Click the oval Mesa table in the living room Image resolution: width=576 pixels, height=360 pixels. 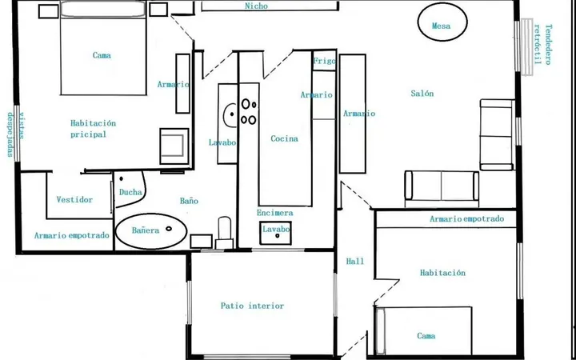tap(442, 22)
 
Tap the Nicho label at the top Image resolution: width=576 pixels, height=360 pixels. tap(256, 6)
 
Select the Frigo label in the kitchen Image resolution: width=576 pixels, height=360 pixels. tap(324, 61)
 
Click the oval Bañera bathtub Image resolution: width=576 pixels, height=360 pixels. tap(151, 231)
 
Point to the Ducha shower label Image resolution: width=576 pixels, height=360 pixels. tap(130, 192)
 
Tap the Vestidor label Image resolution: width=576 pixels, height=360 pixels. tap(74, 199)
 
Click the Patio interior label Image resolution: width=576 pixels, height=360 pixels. tap(252, 306)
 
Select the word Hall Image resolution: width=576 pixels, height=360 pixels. tap(355, 261)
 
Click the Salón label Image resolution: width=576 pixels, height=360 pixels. tap(422, 94)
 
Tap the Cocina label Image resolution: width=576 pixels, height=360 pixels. tap(284, 138)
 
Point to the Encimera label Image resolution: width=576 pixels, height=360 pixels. tap(274, 213)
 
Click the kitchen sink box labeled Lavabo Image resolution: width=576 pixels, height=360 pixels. tap(275, 233)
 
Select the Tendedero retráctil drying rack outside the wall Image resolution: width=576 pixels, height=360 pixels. tap(527, 47)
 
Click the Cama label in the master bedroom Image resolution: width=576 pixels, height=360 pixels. tap(102, 55)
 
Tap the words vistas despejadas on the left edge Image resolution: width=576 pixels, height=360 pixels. tap(15, 134)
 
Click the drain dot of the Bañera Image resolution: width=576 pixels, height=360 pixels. tap(169, 229)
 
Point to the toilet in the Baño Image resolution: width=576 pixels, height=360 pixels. tap(225, 233)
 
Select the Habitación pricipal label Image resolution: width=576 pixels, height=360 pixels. tap(93, 129)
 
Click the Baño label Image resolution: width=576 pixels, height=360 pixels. tap(189, 201)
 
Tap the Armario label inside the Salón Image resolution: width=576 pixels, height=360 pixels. tap(359, 114)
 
